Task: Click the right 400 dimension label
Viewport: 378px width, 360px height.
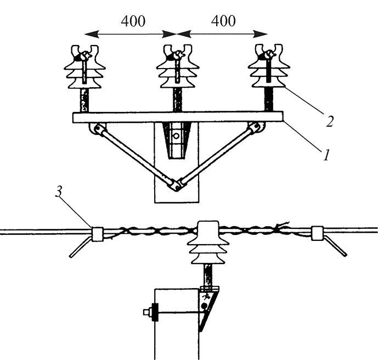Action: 222,22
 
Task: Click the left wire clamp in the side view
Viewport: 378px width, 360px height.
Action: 99,234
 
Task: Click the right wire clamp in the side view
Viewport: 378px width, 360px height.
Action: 317,234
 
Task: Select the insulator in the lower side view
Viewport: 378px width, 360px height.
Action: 208,241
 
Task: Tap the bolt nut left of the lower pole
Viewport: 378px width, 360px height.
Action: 149,312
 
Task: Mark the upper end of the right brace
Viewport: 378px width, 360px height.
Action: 255,130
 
